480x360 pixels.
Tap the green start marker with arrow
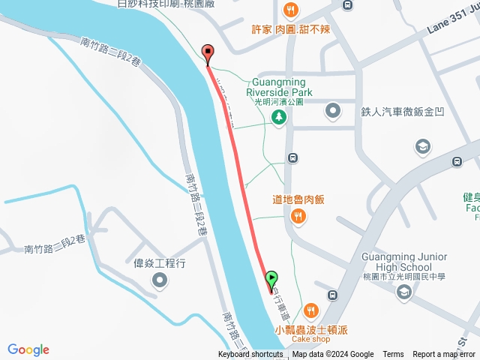coord(271,280)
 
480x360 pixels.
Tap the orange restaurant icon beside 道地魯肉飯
coord(298,217)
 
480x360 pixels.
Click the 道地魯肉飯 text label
coord(298,199)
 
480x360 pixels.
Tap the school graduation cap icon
coord(423,145)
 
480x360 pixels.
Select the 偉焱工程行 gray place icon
coord(160,281)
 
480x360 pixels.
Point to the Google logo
coord(28,349)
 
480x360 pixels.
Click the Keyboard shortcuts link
coord(250,355)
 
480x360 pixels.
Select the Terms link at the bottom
coord(393,355)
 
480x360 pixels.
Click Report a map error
coord(445,355)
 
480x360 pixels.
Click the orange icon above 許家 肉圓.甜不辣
coord(292,10)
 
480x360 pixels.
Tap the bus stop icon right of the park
coord(292,158)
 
